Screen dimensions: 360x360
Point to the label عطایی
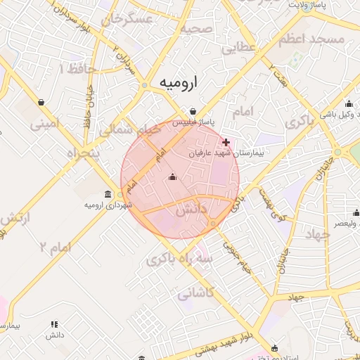tap(238, 49)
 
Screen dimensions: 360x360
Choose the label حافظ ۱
tap(71, 69)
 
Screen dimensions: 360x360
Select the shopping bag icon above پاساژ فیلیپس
tap(193, 111)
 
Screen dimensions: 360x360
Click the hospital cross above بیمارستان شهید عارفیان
tap(226, 142)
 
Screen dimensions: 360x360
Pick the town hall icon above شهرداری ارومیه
tap(107, 194)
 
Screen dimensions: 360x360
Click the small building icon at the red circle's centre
tap(173, 177)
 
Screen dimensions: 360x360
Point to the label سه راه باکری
tap(179, 260)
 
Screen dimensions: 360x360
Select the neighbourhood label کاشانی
tap(194, 293)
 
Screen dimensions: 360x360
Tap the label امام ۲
tap(56, 247)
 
